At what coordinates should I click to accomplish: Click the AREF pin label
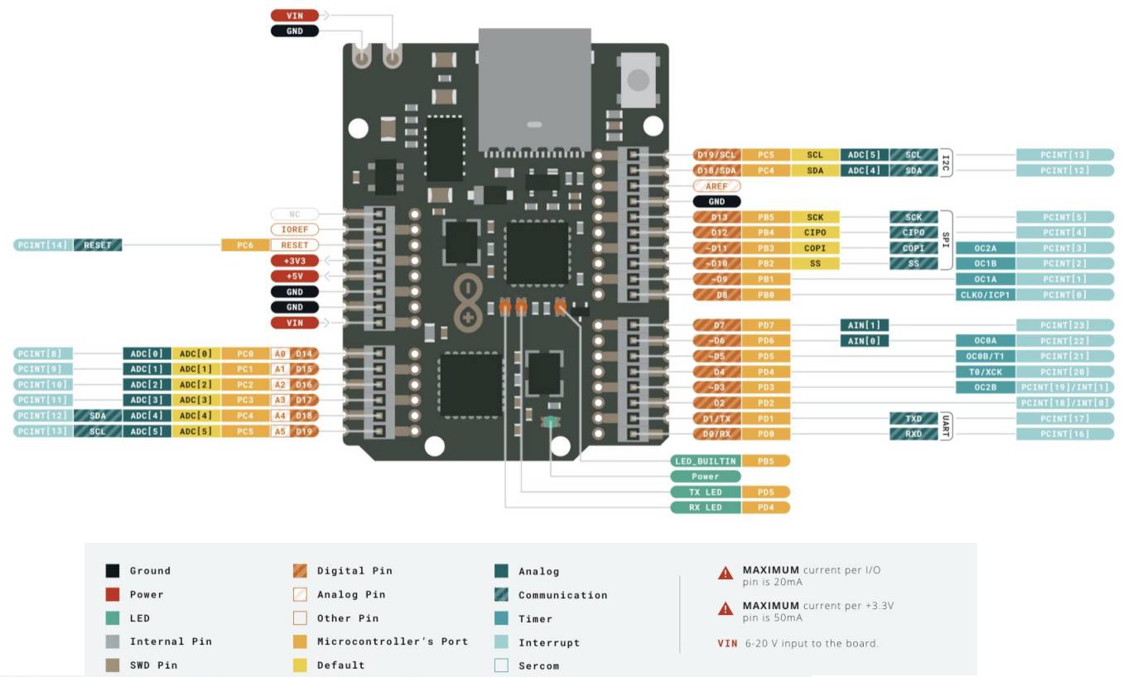(716, 186)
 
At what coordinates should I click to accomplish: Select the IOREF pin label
(294, 229)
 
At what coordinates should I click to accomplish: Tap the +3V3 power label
(294, 261)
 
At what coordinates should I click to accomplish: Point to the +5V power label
(294, 276)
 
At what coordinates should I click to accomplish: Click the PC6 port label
(246, 245)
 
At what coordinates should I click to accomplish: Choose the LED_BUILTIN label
(705, 460)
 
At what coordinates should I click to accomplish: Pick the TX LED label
(705, 492)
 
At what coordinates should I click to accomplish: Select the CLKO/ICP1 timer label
(985, 295)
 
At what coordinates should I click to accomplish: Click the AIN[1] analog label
(864, 325)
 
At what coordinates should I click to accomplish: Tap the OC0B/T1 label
(985, 357)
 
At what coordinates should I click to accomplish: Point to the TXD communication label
(913, 419)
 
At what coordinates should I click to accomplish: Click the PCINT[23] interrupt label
(1064, 325)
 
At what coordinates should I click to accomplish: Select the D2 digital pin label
(717, 403)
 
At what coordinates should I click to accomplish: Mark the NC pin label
(294, 214)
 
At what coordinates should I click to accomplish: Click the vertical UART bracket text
(947, 426)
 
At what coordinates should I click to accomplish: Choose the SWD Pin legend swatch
(113, 665)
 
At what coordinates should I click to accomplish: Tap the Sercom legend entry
(538, 665)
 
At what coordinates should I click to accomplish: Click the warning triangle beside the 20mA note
(725, 572)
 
